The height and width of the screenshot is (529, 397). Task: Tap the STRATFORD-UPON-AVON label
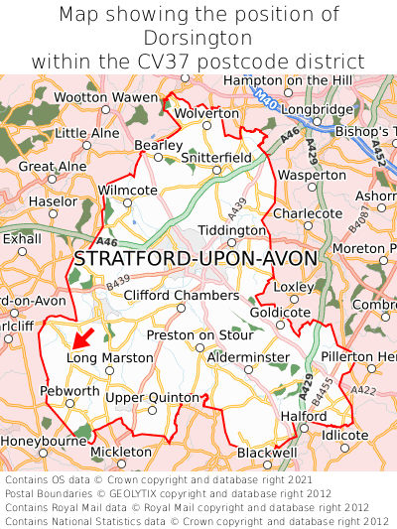(196, 259)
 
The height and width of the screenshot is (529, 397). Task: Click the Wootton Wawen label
(105, 97)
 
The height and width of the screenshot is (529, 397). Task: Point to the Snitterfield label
(217, 157)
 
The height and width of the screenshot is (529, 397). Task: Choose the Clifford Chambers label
(181, 295)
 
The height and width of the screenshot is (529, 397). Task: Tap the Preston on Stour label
(199, 334)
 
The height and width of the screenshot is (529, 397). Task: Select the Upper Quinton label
(152, 397)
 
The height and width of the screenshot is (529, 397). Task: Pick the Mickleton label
(121, 452)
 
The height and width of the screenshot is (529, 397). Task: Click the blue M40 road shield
(263, 99)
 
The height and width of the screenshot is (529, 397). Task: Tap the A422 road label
(363, 390)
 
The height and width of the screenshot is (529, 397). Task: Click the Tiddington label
(232, 229)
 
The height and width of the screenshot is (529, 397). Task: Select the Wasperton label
(312, 175)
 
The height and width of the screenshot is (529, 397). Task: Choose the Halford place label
(303, 416)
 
